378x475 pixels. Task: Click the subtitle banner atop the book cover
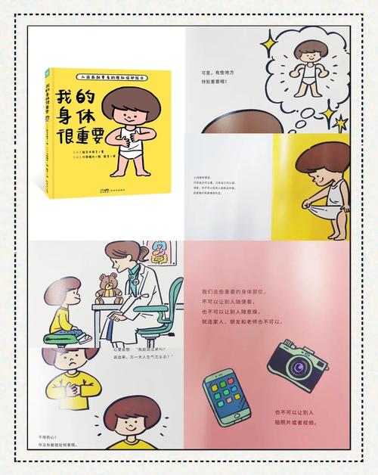click(x=110, y=77)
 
